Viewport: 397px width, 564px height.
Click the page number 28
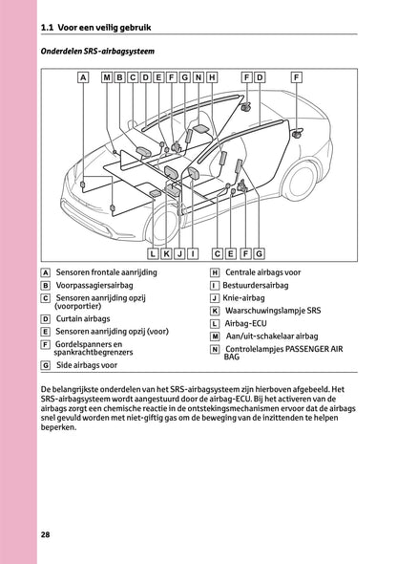click(45, 533)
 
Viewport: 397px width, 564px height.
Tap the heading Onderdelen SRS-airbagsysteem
click(98, 50)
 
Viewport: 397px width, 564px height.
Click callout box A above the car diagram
click(83, 76)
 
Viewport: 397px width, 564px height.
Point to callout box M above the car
click(107, 76)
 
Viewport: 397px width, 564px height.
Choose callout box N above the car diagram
click(198, 76)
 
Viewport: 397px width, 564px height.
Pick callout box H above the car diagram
click(211, 76)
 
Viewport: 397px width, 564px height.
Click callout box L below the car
click(154, 253)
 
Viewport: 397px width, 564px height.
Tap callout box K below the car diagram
click(166, 253)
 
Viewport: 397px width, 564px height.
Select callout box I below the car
click(193, 253)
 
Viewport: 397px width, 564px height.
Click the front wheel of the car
click(161, 228)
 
